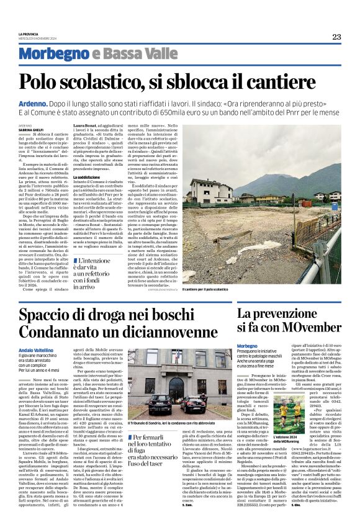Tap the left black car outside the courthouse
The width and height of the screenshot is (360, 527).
click(x=160, y=405)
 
